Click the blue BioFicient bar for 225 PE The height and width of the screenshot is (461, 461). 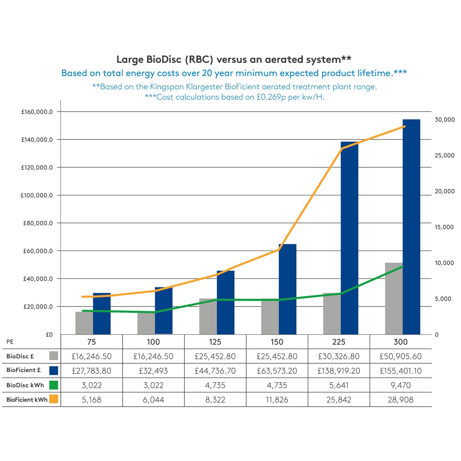tap(350, 238)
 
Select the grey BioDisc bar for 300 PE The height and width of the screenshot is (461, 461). tap(394, 299)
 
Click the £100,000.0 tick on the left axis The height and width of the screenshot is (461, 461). tap(36, 195)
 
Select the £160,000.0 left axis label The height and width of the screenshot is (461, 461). tap(37, 112)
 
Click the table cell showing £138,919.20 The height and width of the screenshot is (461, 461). tap(339, 371)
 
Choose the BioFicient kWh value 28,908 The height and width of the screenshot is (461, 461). tap(400, 399)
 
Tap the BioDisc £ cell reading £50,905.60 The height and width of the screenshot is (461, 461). tap(400, 356)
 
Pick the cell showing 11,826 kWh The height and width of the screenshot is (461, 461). tap(277, 399)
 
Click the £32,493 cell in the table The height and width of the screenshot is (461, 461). tap(153, 371)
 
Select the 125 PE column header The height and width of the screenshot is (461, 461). tap(215, 342)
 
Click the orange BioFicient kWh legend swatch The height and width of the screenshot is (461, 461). tap(54, 399)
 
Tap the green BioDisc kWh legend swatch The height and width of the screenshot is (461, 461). tap(54, 385)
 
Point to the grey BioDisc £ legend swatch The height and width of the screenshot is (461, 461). tap(54, 356)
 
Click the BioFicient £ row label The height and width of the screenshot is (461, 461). tap(23, 370)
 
